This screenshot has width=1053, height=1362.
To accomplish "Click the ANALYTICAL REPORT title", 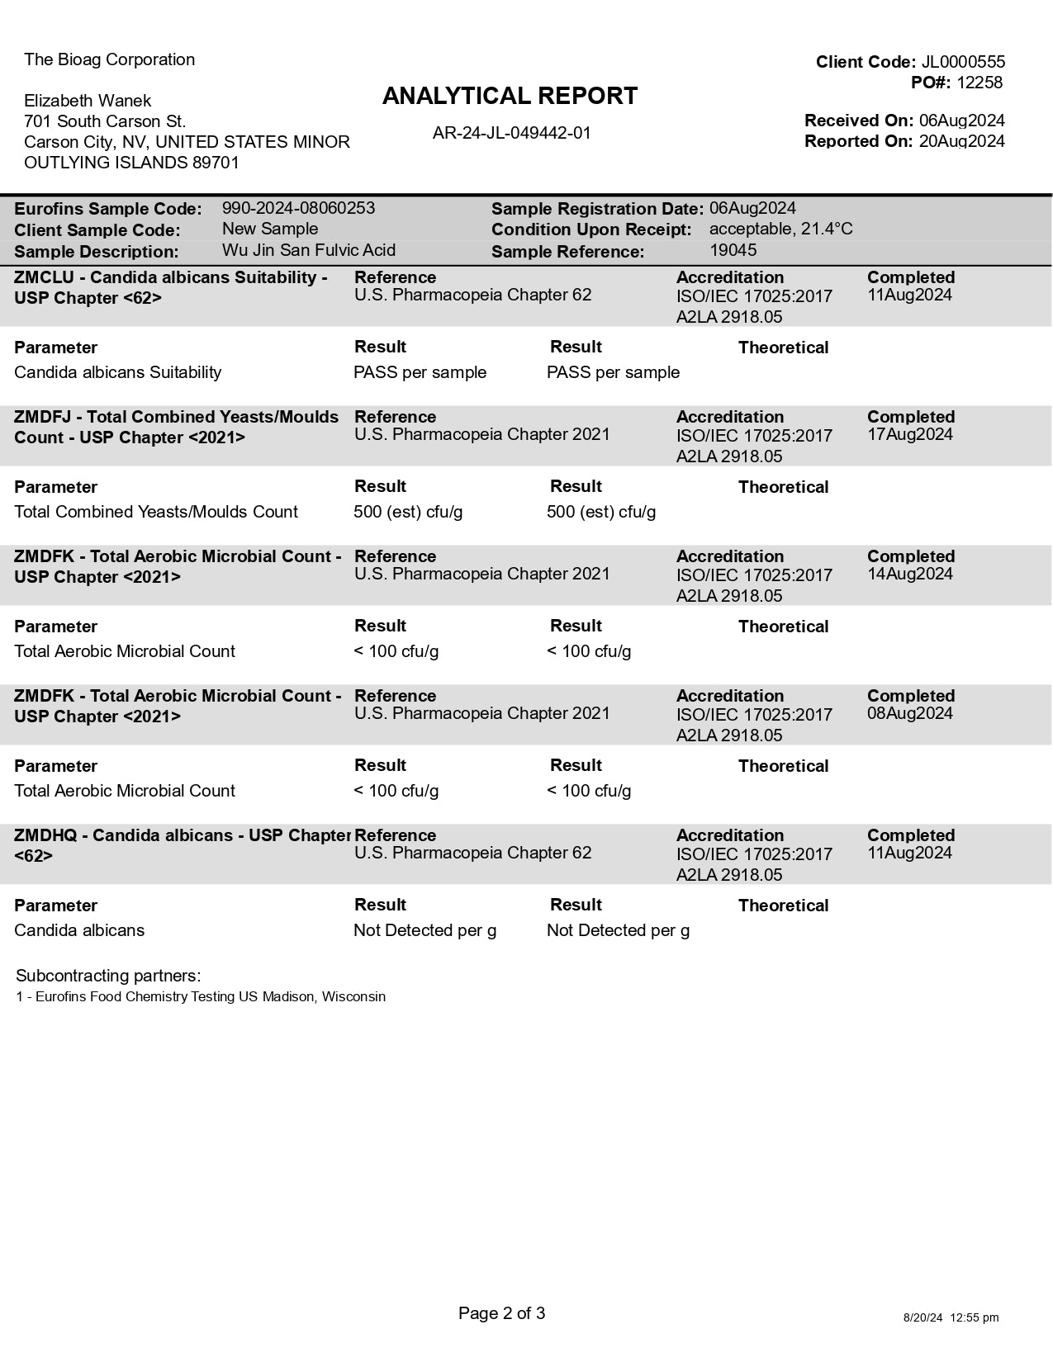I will [510, 97].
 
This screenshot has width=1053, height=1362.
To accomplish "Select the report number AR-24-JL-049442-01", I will [511, 133].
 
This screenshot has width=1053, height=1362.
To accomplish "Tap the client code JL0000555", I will [963, 62].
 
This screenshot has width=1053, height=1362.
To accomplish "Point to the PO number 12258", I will [979, 83].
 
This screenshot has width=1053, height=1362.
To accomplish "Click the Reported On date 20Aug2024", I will [961, 141].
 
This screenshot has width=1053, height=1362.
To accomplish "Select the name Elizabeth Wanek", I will [88, 101].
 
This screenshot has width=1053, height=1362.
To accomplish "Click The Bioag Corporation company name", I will [109, 59].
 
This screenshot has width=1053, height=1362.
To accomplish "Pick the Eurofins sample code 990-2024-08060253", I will [298, 208].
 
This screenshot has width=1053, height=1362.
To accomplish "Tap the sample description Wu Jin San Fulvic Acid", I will [308, 250].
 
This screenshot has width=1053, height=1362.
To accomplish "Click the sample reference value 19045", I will [733, 250].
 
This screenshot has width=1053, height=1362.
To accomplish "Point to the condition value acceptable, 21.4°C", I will [780, 229].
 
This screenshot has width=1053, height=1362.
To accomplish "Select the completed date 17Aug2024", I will [909, 434].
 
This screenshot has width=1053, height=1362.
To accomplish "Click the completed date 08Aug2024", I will [909, 713].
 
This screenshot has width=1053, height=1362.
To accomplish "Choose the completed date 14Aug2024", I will [909, 574].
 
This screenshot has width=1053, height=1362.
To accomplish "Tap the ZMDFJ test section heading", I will [176, 427].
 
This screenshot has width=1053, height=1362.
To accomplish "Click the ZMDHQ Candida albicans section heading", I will [182, 844].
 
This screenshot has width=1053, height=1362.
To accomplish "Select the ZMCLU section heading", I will [170, 287].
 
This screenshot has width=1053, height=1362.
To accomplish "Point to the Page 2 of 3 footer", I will [501, 1313].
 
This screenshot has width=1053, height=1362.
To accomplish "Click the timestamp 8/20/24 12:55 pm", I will [951, 1317].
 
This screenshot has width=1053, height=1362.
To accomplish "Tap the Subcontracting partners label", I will [108, 976].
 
